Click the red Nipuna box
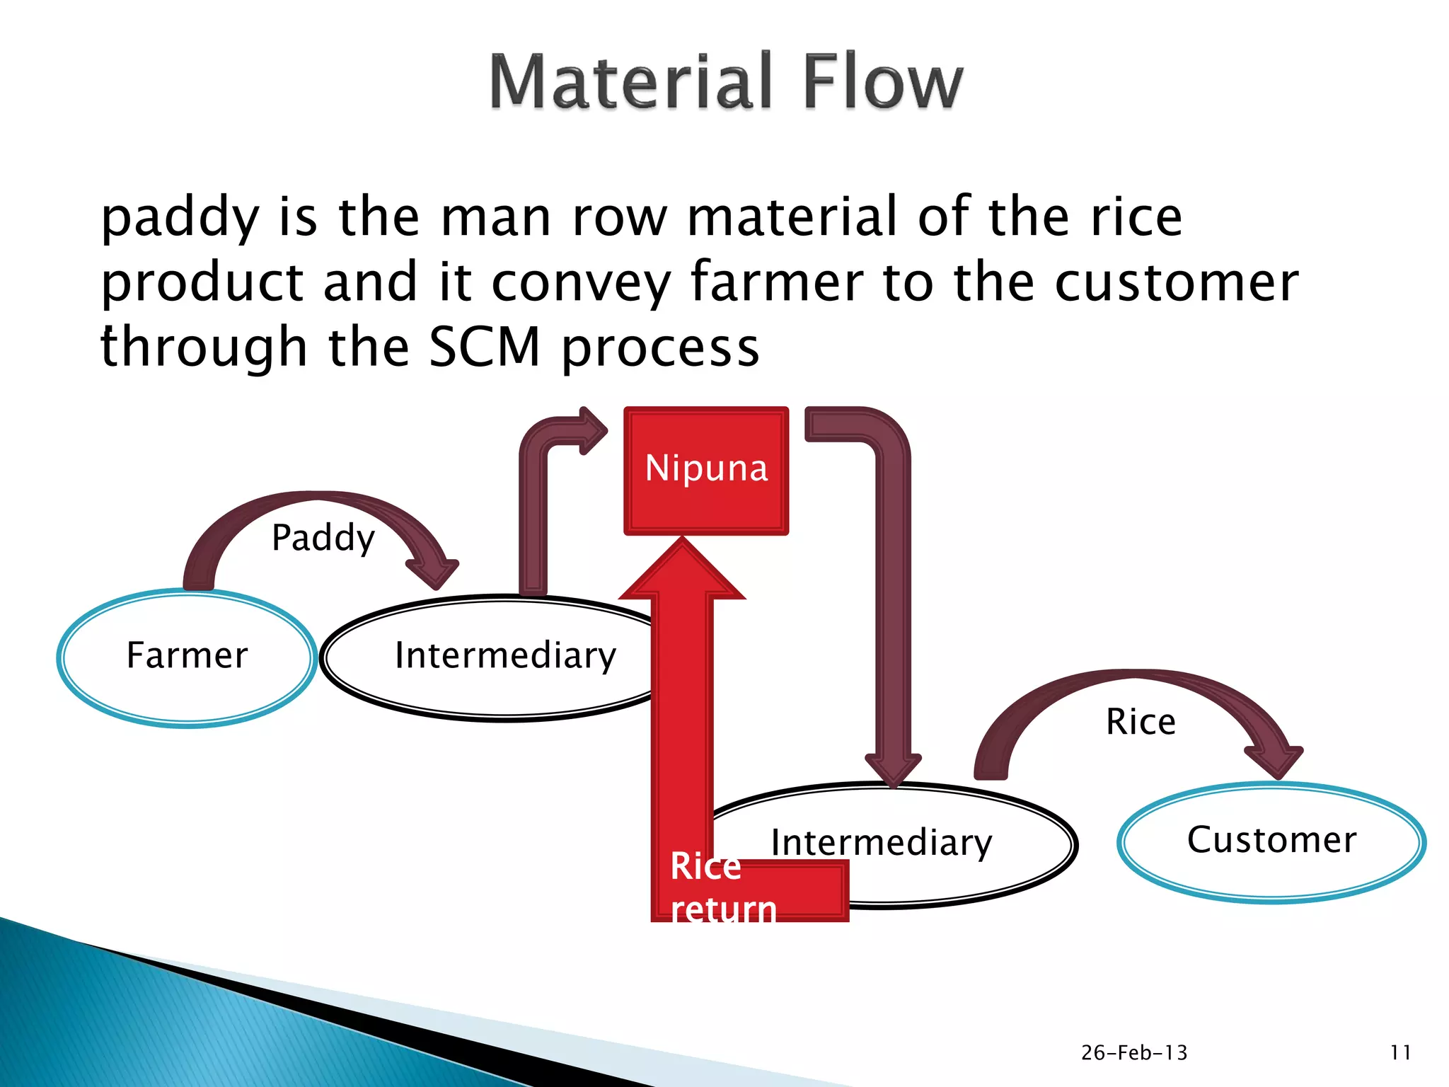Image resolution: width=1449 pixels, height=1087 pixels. pyautogui.click(x=706, y=470)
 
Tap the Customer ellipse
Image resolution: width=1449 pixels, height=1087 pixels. pyautogui.click(x=1271, y=841)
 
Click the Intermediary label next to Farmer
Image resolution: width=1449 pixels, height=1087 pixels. pyautogui.click(x=505, y=655)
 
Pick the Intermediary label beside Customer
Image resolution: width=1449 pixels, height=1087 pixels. pyautogui.click(x=882, y=842)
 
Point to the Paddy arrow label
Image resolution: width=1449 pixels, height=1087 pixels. pyautogui.click(x=323, y=538)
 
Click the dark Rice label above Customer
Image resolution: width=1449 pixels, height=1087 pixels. pyautogui.click(x=1141, y=723)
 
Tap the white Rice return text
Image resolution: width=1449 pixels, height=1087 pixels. pyautogui.click(x=722, y=887)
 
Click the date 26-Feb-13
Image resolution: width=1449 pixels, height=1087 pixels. pyautogui.click(x=1133, y=1053)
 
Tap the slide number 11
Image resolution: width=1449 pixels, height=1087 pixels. pyautogui.click(x=1400, y=1053)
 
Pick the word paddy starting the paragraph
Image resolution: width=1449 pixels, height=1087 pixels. pyautogui.click(x=180, y=218)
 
